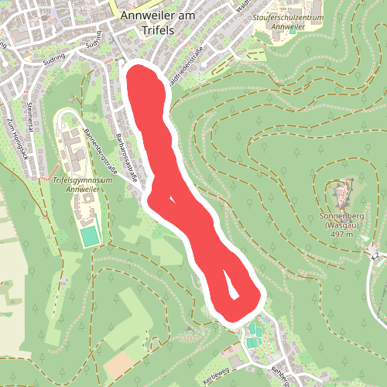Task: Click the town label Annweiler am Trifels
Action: [x=146, y=21]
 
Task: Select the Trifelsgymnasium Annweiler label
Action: [x=84, y=183]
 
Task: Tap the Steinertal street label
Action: [x=31, y=115]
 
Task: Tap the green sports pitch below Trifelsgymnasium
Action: [x=91, y=235]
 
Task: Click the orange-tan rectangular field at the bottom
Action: [x=118, y=365]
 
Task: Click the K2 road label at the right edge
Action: [x=375, y=256]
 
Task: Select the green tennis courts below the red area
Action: [x=254, y=336]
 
